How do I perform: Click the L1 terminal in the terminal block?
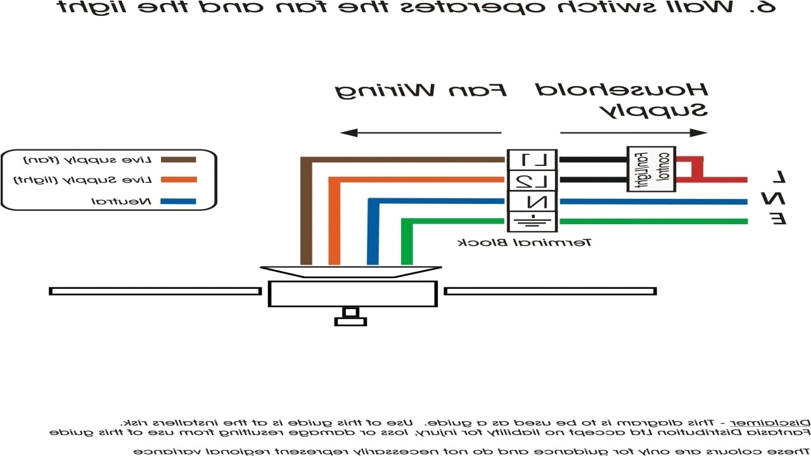click(x=532, y=160)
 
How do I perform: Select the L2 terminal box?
click(x=532, y=180)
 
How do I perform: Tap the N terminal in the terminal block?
click(x=532, y=202)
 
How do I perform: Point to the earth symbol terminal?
click(x=532, y=221)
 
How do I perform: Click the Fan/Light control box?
click(x=651, y=169)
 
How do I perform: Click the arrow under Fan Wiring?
click(x=421, y=133)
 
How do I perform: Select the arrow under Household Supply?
click(x=634, y=133)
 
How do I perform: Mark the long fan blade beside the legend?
click(x=155, y=291)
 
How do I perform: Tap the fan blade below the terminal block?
click(x=550, y=291)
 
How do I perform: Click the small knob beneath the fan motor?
click(x=350, y=317)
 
